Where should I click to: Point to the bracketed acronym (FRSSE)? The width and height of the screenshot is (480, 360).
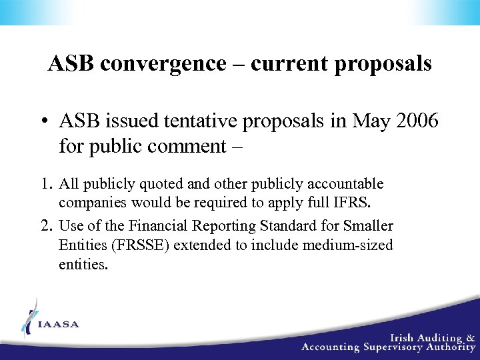coord(137,245)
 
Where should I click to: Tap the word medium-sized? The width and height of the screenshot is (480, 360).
coord(348,245)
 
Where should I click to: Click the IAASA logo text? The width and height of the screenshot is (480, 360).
coord(59,325)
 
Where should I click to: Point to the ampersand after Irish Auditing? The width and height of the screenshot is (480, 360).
coord(470,337)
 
